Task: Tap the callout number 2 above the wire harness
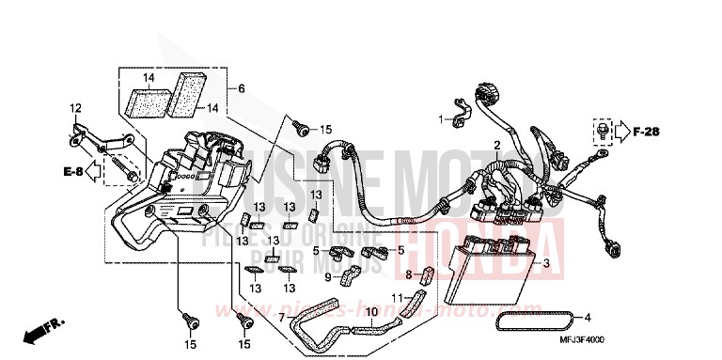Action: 496,144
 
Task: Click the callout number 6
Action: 242,88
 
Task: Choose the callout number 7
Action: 280,318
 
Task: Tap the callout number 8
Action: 410,274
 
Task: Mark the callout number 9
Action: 328,278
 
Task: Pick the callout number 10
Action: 371,312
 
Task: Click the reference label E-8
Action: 74,173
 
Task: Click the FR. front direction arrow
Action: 42,330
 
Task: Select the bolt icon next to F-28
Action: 599,132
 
